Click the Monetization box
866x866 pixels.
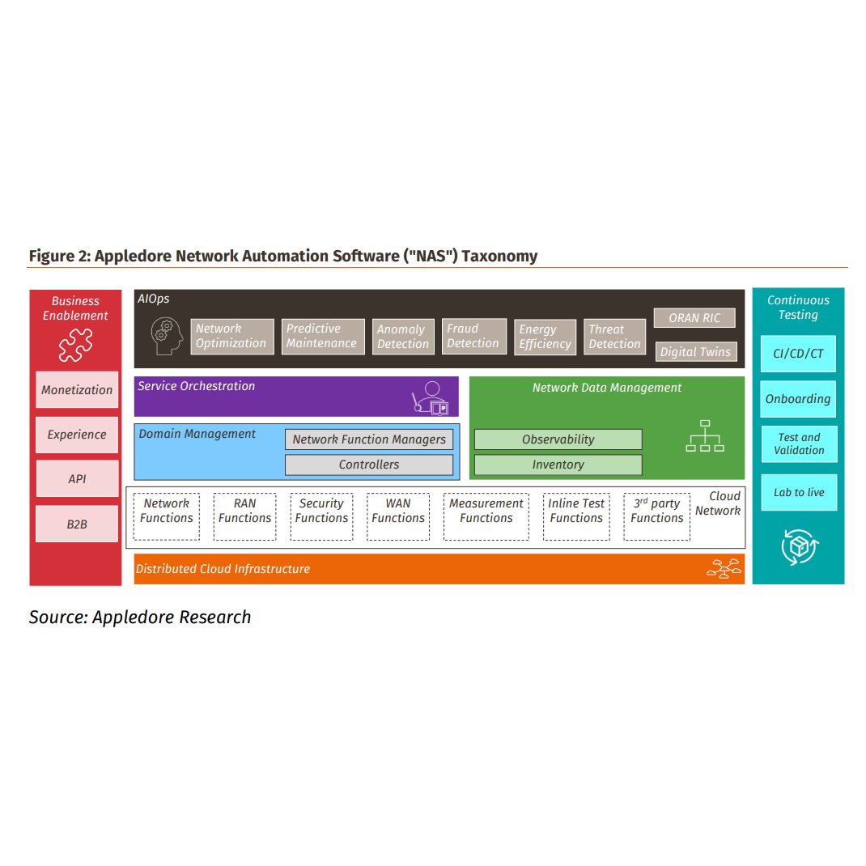tap(77, 389)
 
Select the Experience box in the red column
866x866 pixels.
tap(77, 435)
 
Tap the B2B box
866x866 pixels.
tap(77, 524)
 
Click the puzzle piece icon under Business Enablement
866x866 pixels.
tap(75, 346)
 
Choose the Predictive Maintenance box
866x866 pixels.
tap(322, 336)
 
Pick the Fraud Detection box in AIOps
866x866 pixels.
tap(473, 336)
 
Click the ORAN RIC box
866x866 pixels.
tap(694, 318)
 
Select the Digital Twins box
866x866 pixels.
tap(695, 351)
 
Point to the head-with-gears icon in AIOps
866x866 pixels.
tap(168, 336)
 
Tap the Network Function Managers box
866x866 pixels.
tap(369, 439)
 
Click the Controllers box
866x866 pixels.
tap(369, 465)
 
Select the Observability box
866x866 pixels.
tap(558, 439)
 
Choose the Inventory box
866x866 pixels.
tap(558, 465)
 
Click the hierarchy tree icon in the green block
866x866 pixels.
tap(704, 436)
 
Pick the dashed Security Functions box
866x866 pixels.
tap(322, 516)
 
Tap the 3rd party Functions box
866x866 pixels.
tap(656, 516)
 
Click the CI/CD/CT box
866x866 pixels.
tap(798, 354)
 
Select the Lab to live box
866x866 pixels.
tap(798, 492)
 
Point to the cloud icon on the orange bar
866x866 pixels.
tap(723, 569)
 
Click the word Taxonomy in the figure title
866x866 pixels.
tap(499, 256)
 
